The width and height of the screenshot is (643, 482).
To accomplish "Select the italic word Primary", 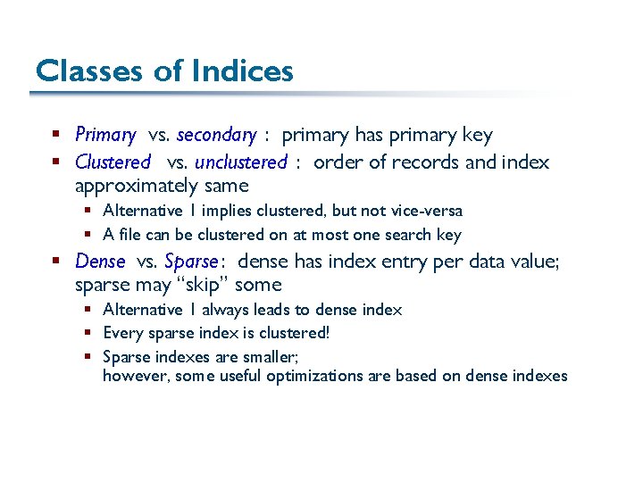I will [x=104, y=136].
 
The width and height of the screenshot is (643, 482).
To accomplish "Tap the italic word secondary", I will [x=216, y=136].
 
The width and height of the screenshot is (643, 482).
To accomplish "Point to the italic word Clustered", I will [x=113, y=162].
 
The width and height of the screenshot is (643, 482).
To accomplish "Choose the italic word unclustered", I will [x=240, y=162].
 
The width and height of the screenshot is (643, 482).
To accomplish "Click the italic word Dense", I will [x=100, y=262].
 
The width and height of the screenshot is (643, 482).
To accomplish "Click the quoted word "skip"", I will [x=200, y=286].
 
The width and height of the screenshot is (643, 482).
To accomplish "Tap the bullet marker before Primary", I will [x=55, y=136].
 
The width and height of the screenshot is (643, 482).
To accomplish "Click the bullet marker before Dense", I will [x=55, y=262].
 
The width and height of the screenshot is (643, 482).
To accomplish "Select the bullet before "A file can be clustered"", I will [x=88, y=235].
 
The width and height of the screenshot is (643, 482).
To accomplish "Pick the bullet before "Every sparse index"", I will [x=88, y=333].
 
